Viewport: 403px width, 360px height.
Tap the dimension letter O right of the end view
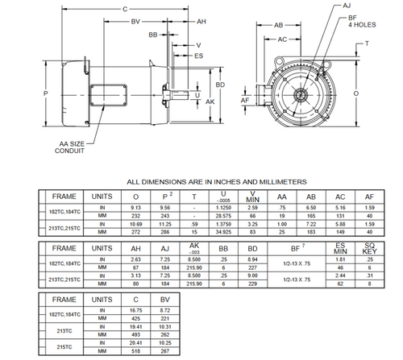click(377, 93)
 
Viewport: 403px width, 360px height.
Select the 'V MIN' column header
click(253, 196)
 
